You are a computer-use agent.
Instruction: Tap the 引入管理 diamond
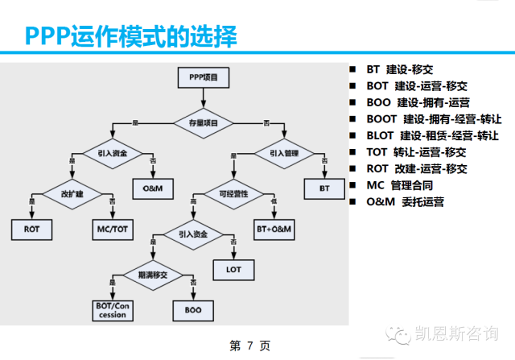click(282, 152)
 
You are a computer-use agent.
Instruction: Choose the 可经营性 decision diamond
click(233, 194)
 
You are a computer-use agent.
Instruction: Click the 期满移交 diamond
click(152, 275)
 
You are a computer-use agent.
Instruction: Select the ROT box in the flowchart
click(32, 230)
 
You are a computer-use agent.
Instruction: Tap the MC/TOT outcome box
click(113, 230)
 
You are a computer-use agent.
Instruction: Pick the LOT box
click(233, 269)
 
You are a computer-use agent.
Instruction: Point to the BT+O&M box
click(274, 230)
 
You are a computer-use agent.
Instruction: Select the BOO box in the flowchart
click(192, 310)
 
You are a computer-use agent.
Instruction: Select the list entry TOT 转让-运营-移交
click(410, 151)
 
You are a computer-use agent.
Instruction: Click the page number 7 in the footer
click(250, 346)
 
